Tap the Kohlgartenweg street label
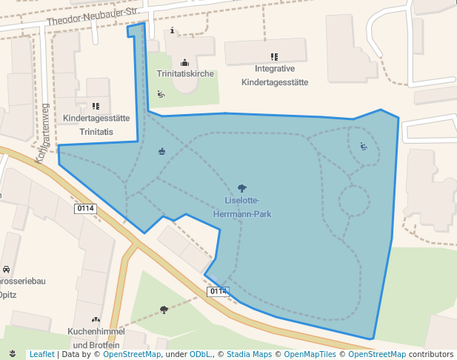coord(42,133)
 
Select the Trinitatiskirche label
coord(185,74)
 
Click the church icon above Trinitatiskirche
coord(184,62)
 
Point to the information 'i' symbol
coord(173,30)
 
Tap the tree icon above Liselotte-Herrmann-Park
coord(241,189)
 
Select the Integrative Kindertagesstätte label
coord(274,76)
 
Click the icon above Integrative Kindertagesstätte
coord(274,56)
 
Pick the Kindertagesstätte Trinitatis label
coord(97,124)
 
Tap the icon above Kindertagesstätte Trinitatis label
coord(96,107)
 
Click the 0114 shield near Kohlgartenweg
coord(85,209)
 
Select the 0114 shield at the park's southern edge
coord(218,291)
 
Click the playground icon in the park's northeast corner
coord(363,146)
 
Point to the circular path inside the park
coord(354,201)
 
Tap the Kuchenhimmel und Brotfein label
coord(94,338)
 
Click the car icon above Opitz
coord(6,269)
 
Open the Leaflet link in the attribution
coord(41,354)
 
